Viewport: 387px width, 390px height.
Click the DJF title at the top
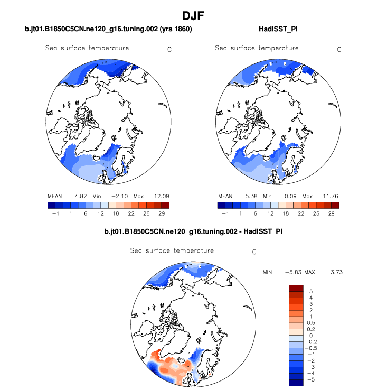point(193,16)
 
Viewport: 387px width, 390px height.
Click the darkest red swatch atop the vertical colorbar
point(296,288)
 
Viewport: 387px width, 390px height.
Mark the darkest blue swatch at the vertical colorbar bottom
point(296,382)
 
